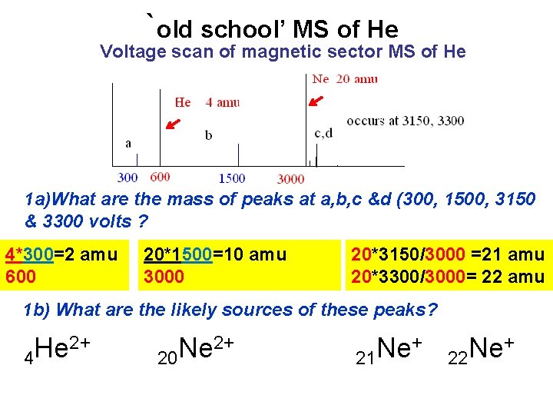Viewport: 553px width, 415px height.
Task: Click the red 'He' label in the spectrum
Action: point(183,102)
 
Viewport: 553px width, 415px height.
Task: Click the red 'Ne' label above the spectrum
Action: point(320,78)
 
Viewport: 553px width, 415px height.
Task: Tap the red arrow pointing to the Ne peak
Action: point(315,100)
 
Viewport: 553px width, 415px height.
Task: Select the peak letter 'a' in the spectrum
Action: point(128,143)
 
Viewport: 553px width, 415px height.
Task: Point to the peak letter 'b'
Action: point(208,135)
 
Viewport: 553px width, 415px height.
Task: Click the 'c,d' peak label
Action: point(323,133)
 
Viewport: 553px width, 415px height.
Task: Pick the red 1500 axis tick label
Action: point(231,178)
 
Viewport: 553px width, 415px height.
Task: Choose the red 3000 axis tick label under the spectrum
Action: point(290,179)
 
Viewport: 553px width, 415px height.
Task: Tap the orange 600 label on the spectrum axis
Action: point(160,178)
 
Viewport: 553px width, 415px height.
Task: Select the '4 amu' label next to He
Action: point(223,102)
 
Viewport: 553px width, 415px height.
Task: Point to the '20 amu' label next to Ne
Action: point(357,78)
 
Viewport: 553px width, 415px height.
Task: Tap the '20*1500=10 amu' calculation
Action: point(215,254)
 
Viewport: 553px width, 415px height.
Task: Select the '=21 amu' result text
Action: point(515,254)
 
